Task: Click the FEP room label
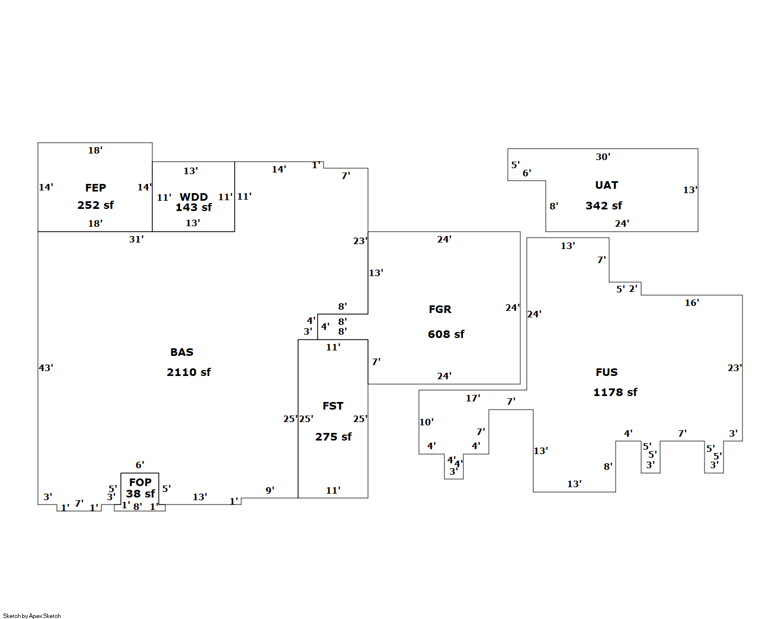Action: (95, 188)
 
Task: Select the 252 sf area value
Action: (95, 205)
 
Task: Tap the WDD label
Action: (193, 197)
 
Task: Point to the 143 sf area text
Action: (193, 207)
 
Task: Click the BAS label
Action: (182, 352)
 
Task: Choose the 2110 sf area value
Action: (189, 372)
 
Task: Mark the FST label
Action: (333, 406)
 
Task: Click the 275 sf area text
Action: (333, 437)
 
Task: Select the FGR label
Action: (440, 309)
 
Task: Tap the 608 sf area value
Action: (446, 334)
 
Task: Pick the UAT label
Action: (606, 185)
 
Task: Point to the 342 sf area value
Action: (604, 206)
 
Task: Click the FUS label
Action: (606, 372)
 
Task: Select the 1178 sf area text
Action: (615, 392)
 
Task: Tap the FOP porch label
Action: (140, 482)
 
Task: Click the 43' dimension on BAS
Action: (46, 368)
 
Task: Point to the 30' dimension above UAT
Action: (603, 157)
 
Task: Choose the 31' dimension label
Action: (136, 239)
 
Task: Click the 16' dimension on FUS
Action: (692, 303)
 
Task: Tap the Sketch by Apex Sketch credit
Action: (32, 616)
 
